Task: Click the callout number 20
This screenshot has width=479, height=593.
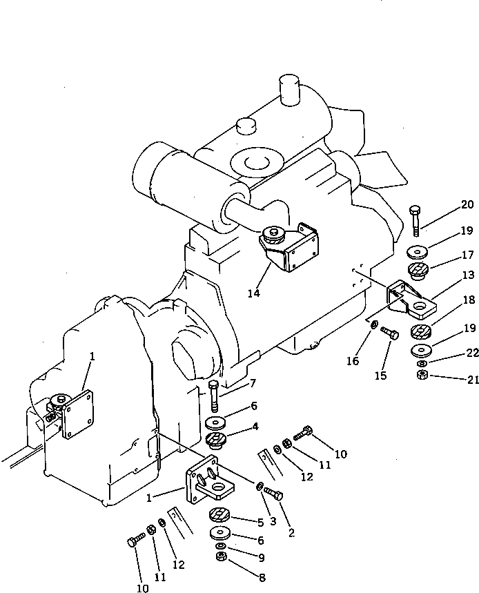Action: pos(468,204)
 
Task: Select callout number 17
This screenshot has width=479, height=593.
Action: pos(468,254)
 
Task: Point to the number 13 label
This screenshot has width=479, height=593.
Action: pos(468,275)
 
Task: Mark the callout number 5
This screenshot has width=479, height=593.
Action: pos(260,523)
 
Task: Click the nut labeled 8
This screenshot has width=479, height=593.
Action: pos(222,557)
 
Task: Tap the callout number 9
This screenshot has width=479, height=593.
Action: pos(260,558)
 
